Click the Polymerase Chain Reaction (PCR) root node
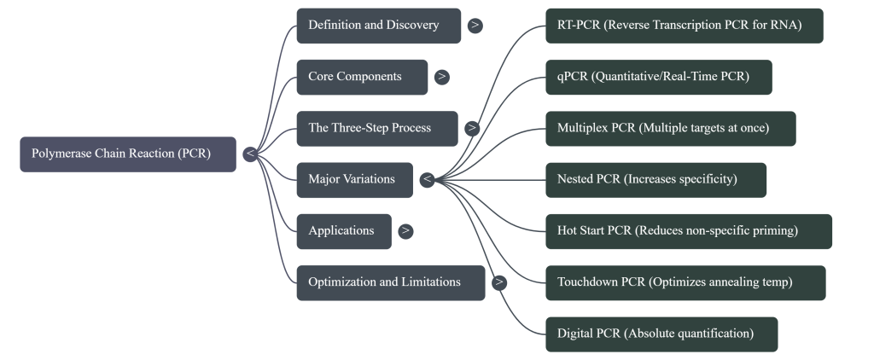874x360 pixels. (128, 154)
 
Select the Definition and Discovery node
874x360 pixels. (378, 26)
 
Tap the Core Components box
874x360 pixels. (362, 77)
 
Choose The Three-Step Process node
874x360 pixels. (376, 129)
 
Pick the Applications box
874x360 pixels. (344, 231)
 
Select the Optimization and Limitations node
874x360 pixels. (390, 282)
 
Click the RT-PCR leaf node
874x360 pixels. (684, 26)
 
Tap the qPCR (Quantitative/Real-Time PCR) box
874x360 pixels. (659, 77)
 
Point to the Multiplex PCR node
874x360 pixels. (670, 129)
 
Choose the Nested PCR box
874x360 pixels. (655, 180)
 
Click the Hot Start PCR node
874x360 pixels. (688, 231)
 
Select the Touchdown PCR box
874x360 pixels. (685, 282)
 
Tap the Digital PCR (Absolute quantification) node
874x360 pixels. (661, 334)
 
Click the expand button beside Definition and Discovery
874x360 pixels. (475, 26)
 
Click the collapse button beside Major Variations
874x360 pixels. (427, 180)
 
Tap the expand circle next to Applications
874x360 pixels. (405, 231)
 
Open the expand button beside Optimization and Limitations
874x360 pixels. (498, 282)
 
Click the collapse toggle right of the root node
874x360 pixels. (249, 154)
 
